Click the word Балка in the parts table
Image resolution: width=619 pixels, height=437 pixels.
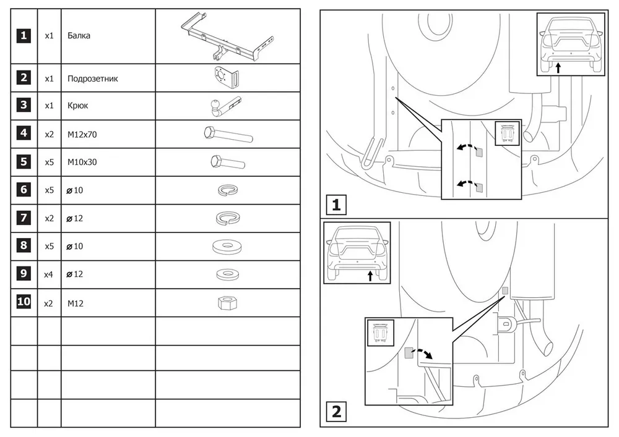click(79, 36)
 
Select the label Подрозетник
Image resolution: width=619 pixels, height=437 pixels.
click(93, 79)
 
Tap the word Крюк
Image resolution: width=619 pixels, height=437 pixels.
click(78, 106)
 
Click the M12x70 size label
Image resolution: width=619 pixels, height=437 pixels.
click(82, 134)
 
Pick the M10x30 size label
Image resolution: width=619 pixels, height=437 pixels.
click(82, 162)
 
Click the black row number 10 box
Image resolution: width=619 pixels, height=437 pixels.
click(24, 302)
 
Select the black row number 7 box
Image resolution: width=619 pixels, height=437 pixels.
click(24, 218)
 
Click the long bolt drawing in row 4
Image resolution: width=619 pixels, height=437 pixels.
click(228, 133)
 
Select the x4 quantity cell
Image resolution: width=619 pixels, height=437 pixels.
click(49, 274)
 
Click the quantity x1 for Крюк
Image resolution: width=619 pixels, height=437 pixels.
click(49, 106)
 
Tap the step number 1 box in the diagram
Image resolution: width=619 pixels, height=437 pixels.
click(336, 205)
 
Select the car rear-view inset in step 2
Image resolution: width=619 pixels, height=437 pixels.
click(357, 253)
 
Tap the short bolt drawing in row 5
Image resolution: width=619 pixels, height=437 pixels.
click(227, 162)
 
